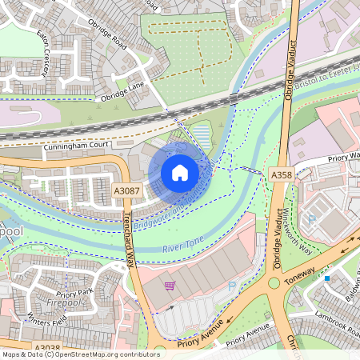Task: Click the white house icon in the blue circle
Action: point(180,172)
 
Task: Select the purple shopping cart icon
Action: point(169,285)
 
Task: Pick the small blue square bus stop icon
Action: point(327,278)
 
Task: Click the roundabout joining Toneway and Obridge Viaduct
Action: point(274,282)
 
